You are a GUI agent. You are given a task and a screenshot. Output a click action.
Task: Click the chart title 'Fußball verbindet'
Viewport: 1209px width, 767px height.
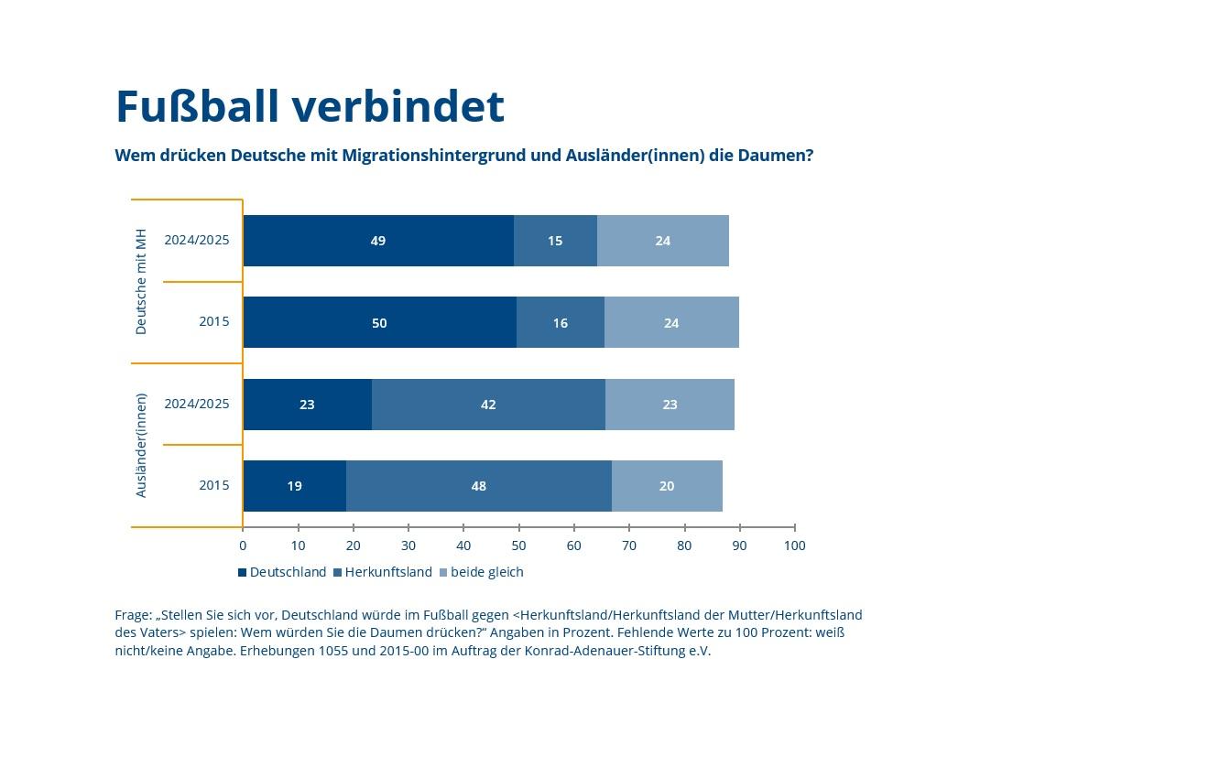[x=310, y=106]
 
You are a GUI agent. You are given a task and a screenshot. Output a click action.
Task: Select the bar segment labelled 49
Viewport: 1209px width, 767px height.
[x=377, y=241]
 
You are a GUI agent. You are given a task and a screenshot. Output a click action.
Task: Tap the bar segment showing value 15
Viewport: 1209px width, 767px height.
[x=555, y=241]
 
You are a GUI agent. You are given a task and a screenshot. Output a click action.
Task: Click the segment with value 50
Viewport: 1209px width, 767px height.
[x=379, y=322]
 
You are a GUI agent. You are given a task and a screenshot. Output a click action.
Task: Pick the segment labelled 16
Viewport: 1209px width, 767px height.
[x=560, y=322]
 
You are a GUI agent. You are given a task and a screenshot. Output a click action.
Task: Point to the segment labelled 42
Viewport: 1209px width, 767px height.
[x=488, y=404]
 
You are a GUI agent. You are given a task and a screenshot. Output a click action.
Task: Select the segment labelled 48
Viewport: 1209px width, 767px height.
[x=478, y=485]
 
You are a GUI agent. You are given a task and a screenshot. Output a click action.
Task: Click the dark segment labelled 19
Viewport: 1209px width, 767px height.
[x=294, y=485]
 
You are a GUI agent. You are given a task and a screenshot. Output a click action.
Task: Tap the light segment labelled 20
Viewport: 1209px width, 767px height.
[x=667, y=485]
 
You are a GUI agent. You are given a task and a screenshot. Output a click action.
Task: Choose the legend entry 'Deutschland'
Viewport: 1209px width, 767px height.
[x=287, y=572]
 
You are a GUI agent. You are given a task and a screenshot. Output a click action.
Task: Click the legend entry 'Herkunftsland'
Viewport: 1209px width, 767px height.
[x=387, y=572]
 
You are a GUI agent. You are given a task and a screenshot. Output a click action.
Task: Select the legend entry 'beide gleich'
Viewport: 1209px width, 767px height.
[x=486, y=572]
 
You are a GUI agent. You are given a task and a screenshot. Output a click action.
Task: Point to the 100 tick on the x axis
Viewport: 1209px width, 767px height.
[x=794, y=546]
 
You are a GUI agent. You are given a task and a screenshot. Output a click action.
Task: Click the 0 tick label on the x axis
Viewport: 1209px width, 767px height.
[x=243, y=546]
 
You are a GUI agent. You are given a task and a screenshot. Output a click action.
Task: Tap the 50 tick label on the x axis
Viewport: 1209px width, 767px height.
[x=518, y=546]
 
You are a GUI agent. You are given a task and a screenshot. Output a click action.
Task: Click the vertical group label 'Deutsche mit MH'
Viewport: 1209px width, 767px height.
[x=141, y=281]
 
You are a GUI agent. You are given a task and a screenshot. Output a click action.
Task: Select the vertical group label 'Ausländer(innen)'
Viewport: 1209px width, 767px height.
[x=141, y=445]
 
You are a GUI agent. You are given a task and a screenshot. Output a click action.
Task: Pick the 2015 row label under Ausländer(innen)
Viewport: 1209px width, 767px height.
[x=214, y=485]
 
